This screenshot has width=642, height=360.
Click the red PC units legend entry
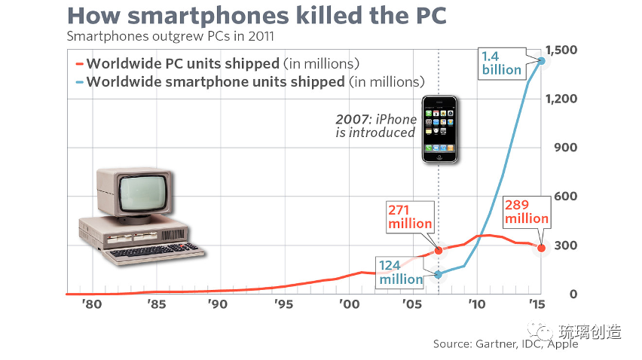218,63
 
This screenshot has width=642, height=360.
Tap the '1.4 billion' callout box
502,63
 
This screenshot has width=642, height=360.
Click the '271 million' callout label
411,216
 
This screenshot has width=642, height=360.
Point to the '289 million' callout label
527,211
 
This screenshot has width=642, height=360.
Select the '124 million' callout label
401,272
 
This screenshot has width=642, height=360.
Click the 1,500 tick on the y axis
563,50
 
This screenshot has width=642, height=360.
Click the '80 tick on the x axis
91,305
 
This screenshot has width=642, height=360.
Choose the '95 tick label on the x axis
283,305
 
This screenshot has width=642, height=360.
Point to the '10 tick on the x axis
475,305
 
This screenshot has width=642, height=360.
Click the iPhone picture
439,128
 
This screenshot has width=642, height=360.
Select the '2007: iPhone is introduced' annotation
376,126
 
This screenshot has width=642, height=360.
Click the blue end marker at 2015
541,60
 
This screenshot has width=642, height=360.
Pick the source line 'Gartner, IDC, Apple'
506,344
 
